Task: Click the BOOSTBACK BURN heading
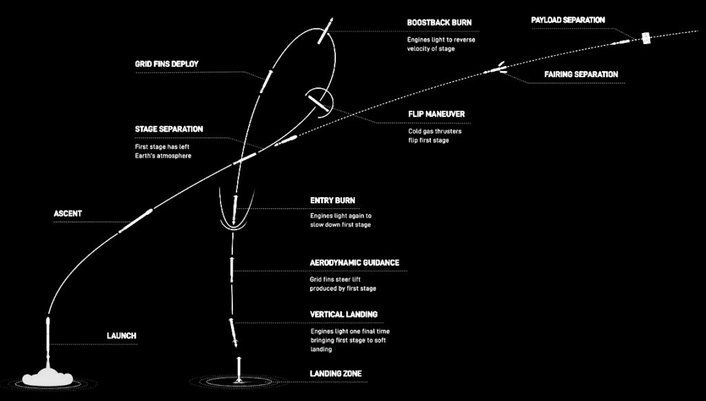[439, 23]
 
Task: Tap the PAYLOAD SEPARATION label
[568, 20]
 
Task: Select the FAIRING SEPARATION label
[581, 74]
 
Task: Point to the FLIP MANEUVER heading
[436, 114]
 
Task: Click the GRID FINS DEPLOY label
[167, 64]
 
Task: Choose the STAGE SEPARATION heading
[169, 129]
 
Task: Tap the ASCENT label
[68, 214]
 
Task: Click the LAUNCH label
[121, 336]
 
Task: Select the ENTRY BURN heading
[332, 200]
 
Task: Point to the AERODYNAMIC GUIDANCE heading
[354, 263]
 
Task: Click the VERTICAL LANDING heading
[343, 314]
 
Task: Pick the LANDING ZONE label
[336, 373]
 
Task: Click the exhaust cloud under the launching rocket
[48, 377]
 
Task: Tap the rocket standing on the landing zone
[239, 370]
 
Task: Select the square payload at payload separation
[646, 39]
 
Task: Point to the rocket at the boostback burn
[325, 31]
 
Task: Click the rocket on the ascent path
[136, 220]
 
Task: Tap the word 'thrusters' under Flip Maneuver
[449, 132]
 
